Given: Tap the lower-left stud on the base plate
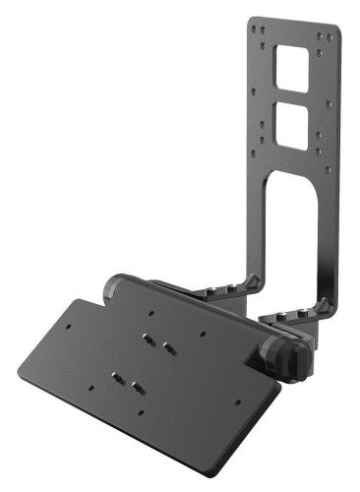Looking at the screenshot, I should tap(120, 376).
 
